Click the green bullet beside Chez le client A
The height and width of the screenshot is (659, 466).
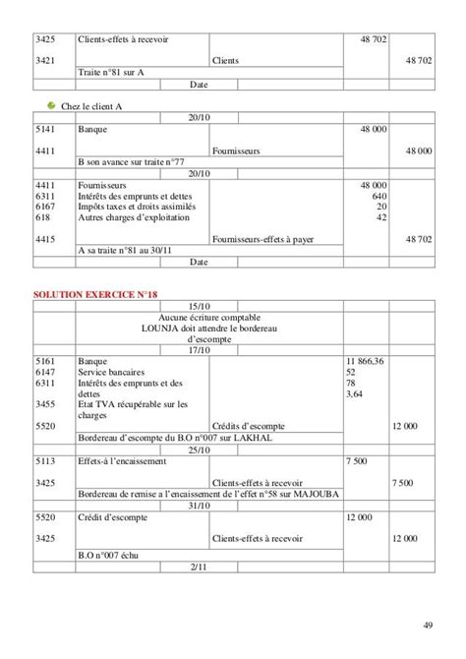coord(52,105)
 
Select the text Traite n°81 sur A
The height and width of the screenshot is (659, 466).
coord(109,73)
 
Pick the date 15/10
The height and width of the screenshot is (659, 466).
coord(199,306)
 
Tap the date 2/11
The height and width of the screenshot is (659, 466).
coord(199,568)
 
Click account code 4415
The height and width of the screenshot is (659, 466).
coord(44,239)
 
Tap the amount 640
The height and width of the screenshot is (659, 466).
coord(379,196)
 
